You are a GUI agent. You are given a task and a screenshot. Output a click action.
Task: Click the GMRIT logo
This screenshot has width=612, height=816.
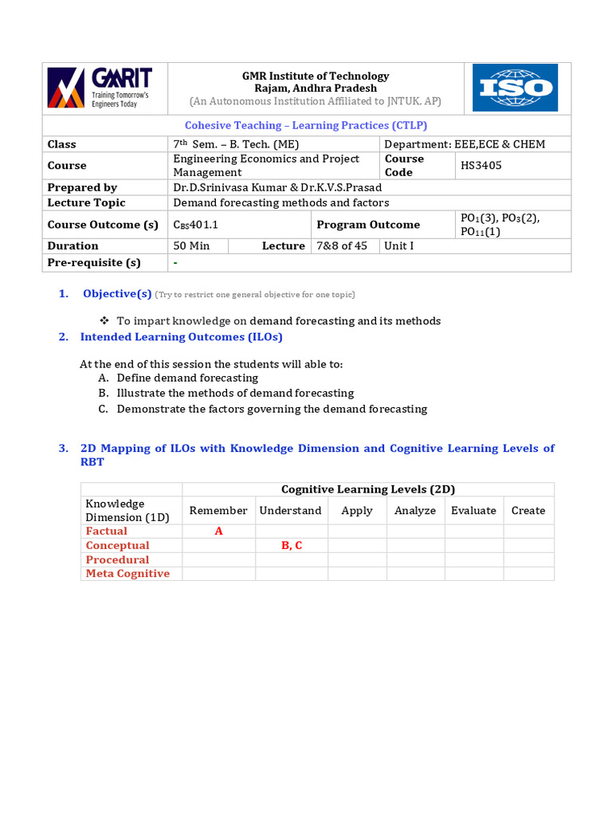(100, 88)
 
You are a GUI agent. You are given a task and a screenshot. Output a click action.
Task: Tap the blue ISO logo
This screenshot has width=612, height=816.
(515, 88)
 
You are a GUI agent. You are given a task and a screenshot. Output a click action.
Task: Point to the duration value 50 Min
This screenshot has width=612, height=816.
(191, 245)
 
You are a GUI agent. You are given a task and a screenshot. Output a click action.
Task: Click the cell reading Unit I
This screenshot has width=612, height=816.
(399, 245)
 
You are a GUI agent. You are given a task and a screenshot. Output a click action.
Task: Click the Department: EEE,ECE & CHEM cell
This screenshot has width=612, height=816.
(465, 144)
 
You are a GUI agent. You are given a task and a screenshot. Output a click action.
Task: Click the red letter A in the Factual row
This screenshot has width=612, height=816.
(218, 532)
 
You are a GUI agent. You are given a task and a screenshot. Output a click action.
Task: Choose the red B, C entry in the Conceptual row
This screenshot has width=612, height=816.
(291, 546)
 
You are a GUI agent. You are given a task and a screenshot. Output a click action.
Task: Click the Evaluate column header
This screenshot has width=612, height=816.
(473, 511)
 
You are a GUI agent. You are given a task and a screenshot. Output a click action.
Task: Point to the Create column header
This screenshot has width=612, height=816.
(528, 511)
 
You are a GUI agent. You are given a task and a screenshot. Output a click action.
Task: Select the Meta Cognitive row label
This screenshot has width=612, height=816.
(127, 574)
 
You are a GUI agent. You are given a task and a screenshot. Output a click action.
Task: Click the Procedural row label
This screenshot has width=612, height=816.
(117, 560)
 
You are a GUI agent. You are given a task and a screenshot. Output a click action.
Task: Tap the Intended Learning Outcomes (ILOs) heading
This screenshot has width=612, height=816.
(181, 337)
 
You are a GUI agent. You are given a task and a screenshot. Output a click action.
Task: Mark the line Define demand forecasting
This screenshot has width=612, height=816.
(187, 378)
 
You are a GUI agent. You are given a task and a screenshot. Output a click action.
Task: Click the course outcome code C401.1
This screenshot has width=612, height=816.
(195, 225)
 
